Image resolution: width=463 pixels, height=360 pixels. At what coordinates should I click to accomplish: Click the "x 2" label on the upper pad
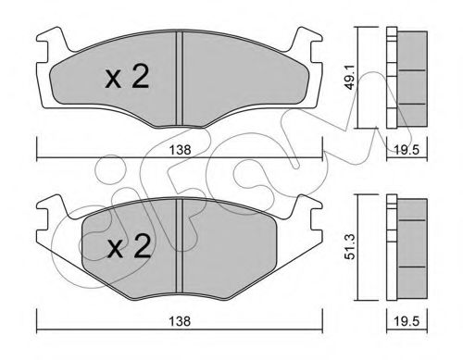click(x=127, y=81)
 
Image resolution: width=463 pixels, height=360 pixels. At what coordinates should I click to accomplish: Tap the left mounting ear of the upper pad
click(x=51, y=42)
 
